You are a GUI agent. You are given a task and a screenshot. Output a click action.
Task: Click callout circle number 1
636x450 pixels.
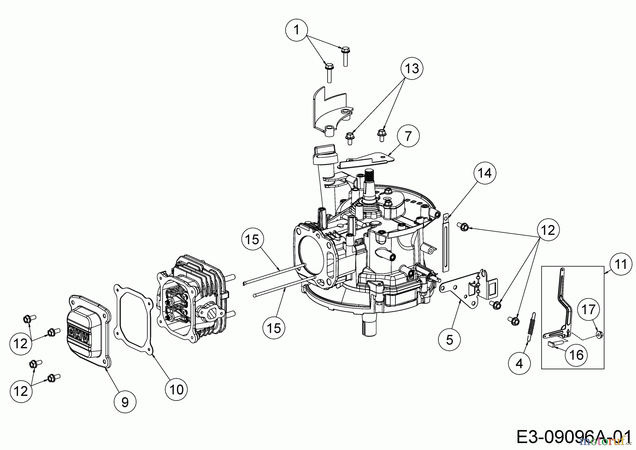coord(296,30)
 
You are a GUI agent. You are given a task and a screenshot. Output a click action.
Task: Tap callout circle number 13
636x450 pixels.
coord(412,68)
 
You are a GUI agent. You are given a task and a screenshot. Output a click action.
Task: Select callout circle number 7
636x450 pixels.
coord(408,136)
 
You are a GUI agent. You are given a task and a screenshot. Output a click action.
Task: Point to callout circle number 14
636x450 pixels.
coord(485,173)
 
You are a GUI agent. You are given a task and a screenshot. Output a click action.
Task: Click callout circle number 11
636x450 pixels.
coord(620,264)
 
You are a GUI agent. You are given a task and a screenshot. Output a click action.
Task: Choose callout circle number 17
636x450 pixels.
coord(589,310)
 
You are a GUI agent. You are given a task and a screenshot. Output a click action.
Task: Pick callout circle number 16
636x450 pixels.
coord(577,354)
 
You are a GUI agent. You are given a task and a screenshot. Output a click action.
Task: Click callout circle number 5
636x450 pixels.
coord(449,340)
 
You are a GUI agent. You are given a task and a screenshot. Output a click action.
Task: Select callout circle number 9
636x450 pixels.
coord(125,402)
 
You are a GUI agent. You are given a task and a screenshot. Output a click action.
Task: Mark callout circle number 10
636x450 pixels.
coord(177,390)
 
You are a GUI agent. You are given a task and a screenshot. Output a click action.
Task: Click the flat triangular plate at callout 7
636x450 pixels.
coord(366,161)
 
